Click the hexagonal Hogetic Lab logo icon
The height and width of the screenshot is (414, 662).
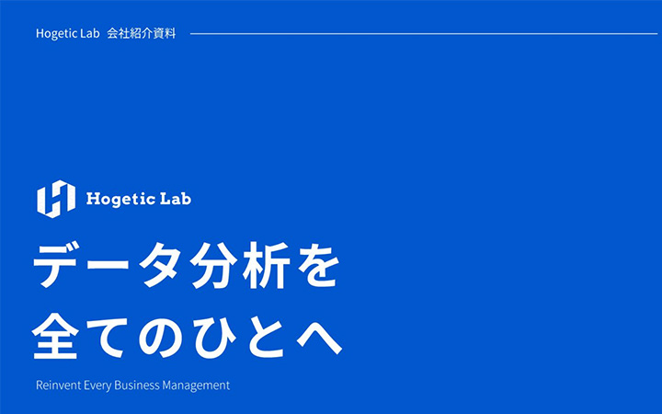click(x=55, y=199)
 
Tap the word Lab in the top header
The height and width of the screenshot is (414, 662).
click(x=87, y=34)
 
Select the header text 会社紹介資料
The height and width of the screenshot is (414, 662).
click(x=141, y=34)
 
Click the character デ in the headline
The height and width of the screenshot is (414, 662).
click(x=60, y=270)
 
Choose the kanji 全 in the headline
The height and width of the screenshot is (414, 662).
click(x=60, y=335)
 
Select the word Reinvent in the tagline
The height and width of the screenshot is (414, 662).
click(x=58, y=385)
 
